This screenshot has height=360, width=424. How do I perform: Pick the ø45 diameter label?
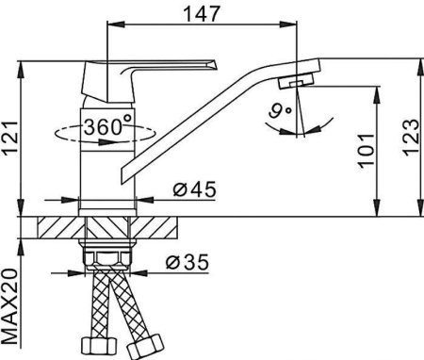[195, 189]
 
